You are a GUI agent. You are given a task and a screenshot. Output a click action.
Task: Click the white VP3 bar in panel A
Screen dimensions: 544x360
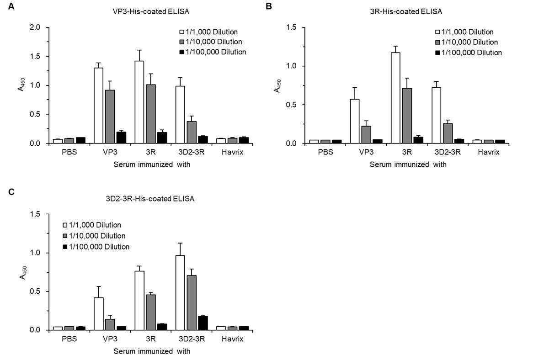(99, 106)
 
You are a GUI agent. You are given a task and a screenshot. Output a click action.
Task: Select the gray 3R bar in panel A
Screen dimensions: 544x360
(150, 114)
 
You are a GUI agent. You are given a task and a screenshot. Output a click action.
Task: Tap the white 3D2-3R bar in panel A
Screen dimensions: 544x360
(180, 115)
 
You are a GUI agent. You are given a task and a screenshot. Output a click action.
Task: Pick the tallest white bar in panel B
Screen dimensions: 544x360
(395, 98)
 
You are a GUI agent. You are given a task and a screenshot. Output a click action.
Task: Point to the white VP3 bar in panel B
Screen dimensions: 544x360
(355, 122)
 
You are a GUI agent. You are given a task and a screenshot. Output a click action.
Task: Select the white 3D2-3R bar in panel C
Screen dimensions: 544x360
(180, 293)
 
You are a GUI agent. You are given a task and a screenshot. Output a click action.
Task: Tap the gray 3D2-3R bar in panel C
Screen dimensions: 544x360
(192, 303)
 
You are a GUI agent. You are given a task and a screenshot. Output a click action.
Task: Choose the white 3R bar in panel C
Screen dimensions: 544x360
(139, 301)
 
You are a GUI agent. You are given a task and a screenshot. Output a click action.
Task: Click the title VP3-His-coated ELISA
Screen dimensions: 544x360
(151, 11)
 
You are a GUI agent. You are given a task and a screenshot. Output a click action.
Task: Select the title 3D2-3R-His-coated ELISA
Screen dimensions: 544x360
(150, 199)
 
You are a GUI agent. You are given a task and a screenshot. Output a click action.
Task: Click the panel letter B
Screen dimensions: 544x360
(268, 6)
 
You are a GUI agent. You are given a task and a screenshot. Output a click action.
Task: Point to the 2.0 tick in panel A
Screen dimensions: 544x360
(35, 27)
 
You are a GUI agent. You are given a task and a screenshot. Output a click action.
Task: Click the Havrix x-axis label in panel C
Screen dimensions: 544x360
(232, 339)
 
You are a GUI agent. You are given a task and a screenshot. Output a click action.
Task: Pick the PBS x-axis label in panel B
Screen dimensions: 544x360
(325, 152)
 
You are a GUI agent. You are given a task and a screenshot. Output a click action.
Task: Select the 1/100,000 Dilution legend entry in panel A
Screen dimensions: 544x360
(213, 52)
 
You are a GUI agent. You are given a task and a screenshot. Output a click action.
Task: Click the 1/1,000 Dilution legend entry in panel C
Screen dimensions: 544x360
(92, 225)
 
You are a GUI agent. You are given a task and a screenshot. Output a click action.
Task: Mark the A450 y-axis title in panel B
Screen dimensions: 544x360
(277, 86)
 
